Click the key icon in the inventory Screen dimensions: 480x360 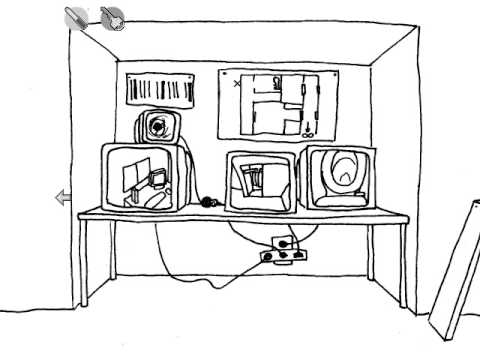coord(113,18)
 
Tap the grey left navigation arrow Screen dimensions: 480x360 coord(63,198)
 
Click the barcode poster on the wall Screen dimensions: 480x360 coord(159,90)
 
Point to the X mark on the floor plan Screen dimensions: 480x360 coord(237,84)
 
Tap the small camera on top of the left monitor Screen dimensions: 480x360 coord(158,127)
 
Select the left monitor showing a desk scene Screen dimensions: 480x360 coord(145,177)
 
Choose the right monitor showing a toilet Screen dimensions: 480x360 coord(340,177)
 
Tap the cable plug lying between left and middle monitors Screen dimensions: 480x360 coord(208,202)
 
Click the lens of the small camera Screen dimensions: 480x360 coord(157,128)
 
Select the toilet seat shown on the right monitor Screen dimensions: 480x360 coord(342,172)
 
